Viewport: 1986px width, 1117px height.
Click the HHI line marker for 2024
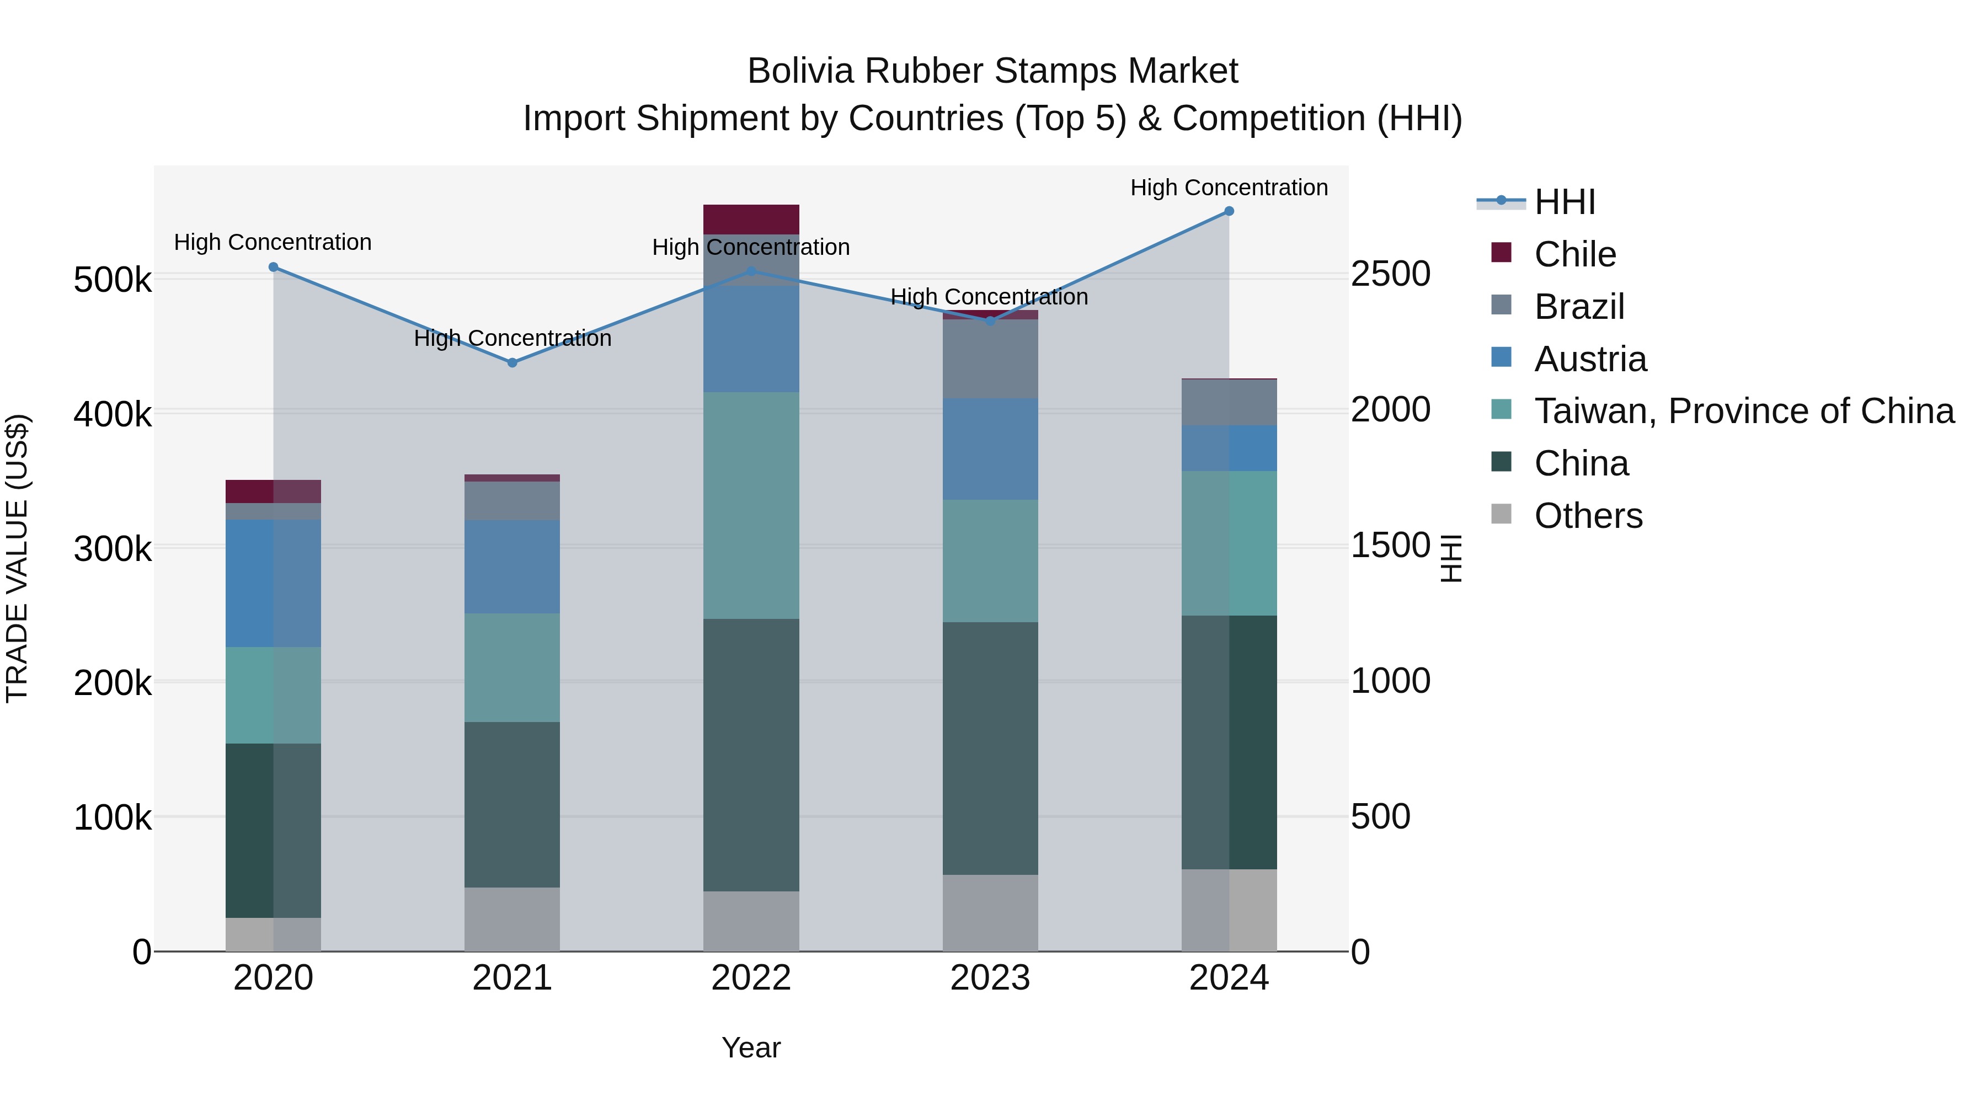[x=1229, y=211]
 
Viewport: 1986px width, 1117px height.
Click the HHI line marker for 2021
[x=512, y=362]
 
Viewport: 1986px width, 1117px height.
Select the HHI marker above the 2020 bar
[x=273, y=268]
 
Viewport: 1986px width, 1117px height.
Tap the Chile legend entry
[x=1574, y=254]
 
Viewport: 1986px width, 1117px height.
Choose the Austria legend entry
[x=1590, y=359]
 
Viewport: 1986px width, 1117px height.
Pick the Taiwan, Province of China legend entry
[x=1744, y=411]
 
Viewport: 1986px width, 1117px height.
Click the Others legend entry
[x=1588, y=516]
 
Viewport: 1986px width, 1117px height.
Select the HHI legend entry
[x=1565, y=202]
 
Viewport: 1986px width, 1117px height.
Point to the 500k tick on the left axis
[x=113, y=280]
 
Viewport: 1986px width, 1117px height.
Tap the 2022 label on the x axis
[x=751, y=978]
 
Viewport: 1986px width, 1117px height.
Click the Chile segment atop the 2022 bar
[x=751, y=220]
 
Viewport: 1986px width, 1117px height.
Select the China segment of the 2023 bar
[x=990, y=748]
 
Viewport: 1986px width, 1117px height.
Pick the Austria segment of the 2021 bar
[x=512, y=566]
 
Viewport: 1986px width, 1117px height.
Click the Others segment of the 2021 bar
[x=512, y=919]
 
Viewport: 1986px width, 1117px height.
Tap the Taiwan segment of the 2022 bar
[x=751, y=505]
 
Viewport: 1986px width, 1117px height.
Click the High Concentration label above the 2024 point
[x=1229, y=188]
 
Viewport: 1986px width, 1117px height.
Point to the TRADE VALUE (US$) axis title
[x=17, y=558]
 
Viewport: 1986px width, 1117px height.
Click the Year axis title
[x=751, y=1047]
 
